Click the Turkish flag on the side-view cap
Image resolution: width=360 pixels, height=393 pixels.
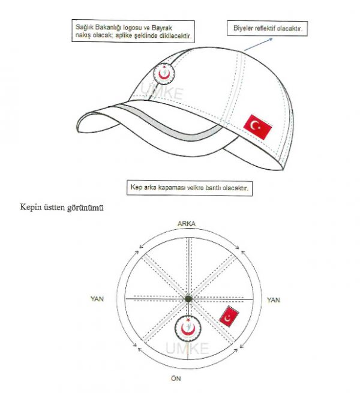click(257, 127)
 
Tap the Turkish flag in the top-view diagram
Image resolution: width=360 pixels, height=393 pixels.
click(229, 316)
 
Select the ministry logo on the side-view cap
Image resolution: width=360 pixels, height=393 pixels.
click(164, 74)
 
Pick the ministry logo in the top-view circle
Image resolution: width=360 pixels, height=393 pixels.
click(188, 328)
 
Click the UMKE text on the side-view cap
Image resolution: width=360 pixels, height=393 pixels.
click(161, 92)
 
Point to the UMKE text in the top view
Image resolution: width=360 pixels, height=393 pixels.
click(187, 349)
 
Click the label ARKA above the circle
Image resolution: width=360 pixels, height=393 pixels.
click(187, 224)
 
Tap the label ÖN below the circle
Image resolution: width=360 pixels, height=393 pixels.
click(176, 378)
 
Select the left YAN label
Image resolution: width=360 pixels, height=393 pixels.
click(97, 299)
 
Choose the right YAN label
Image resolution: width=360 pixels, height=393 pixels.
click(273, 300)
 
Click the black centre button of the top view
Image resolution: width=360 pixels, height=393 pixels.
click(188, 299)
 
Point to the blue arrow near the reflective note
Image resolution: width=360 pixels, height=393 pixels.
click(258, 44)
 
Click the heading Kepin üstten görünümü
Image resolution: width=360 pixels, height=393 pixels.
click(62, 208)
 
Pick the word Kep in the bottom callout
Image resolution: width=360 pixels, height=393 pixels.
click(136, 187)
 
